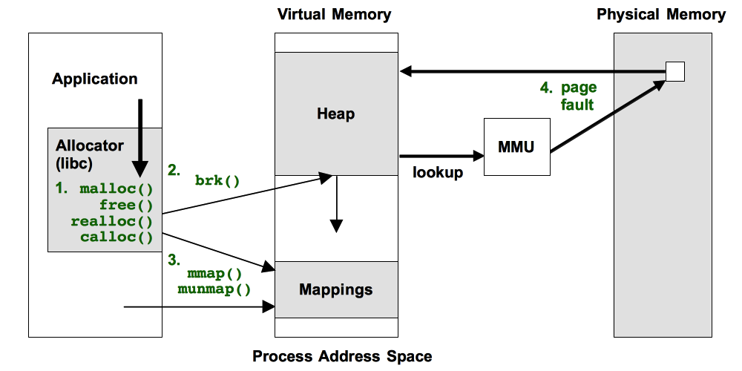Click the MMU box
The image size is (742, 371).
[516, 147]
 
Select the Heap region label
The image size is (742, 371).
[335, 114]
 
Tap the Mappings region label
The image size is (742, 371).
[335, 289]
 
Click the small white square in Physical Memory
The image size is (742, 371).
[674, 71]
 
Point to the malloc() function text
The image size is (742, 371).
[116, 188]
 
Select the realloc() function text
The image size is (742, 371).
[111, 221]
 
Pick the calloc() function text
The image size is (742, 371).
[116, 237]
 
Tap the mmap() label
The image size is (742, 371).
[214, 273]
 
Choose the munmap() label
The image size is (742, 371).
[214, 289]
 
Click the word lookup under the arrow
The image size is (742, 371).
[438, 172]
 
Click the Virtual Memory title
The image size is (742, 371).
[334, 14]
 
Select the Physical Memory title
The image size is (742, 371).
[661, 14]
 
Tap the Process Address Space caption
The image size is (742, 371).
[342, 356]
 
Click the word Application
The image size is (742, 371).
[94, 79]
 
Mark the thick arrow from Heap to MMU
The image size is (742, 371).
[441, 156]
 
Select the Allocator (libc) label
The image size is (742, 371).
[89, 154]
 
